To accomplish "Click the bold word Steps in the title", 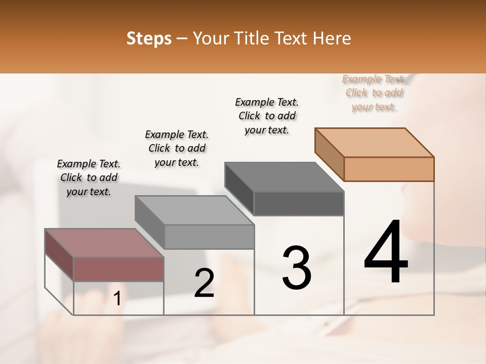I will pos(149,38).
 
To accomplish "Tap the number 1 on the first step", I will pos(117,299).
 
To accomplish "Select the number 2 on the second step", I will pos(204,283).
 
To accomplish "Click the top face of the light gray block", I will pos(194,210).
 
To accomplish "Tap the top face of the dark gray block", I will pos(284,177).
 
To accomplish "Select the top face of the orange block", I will pos(374,143).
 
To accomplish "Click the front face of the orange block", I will pos(389,169).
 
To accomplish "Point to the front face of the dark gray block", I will pos(299,203).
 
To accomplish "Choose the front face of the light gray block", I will pos(209,237).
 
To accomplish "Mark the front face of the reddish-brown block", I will pos(118,269).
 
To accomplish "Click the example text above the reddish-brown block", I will pos(89,177).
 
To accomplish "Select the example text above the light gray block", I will pos(177,148).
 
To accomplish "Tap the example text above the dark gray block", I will pos(267,116).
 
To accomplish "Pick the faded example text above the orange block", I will pos(374,93).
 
